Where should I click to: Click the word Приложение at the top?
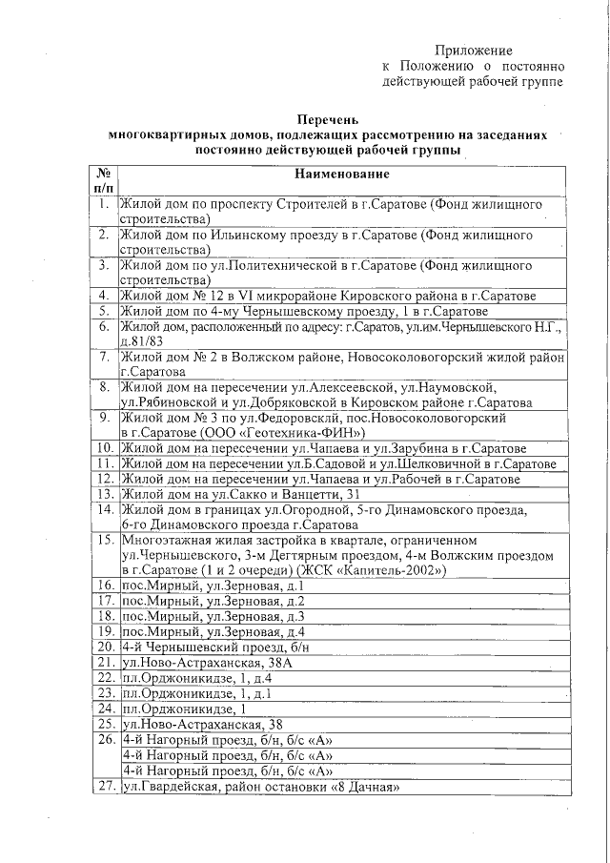click(x=474, y=50)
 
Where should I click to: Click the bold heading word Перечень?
click(x=328, y=120)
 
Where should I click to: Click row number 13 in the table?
click(x=104, y=493)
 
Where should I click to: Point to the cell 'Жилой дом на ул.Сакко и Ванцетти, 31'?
click(x=239, y=493)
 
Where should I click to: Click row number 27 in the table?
click(x=104, y=788)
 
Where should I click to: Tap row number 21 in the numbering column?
click(x=104, y=662)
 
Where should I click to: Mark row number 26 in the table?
click(x=104, y=739)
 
